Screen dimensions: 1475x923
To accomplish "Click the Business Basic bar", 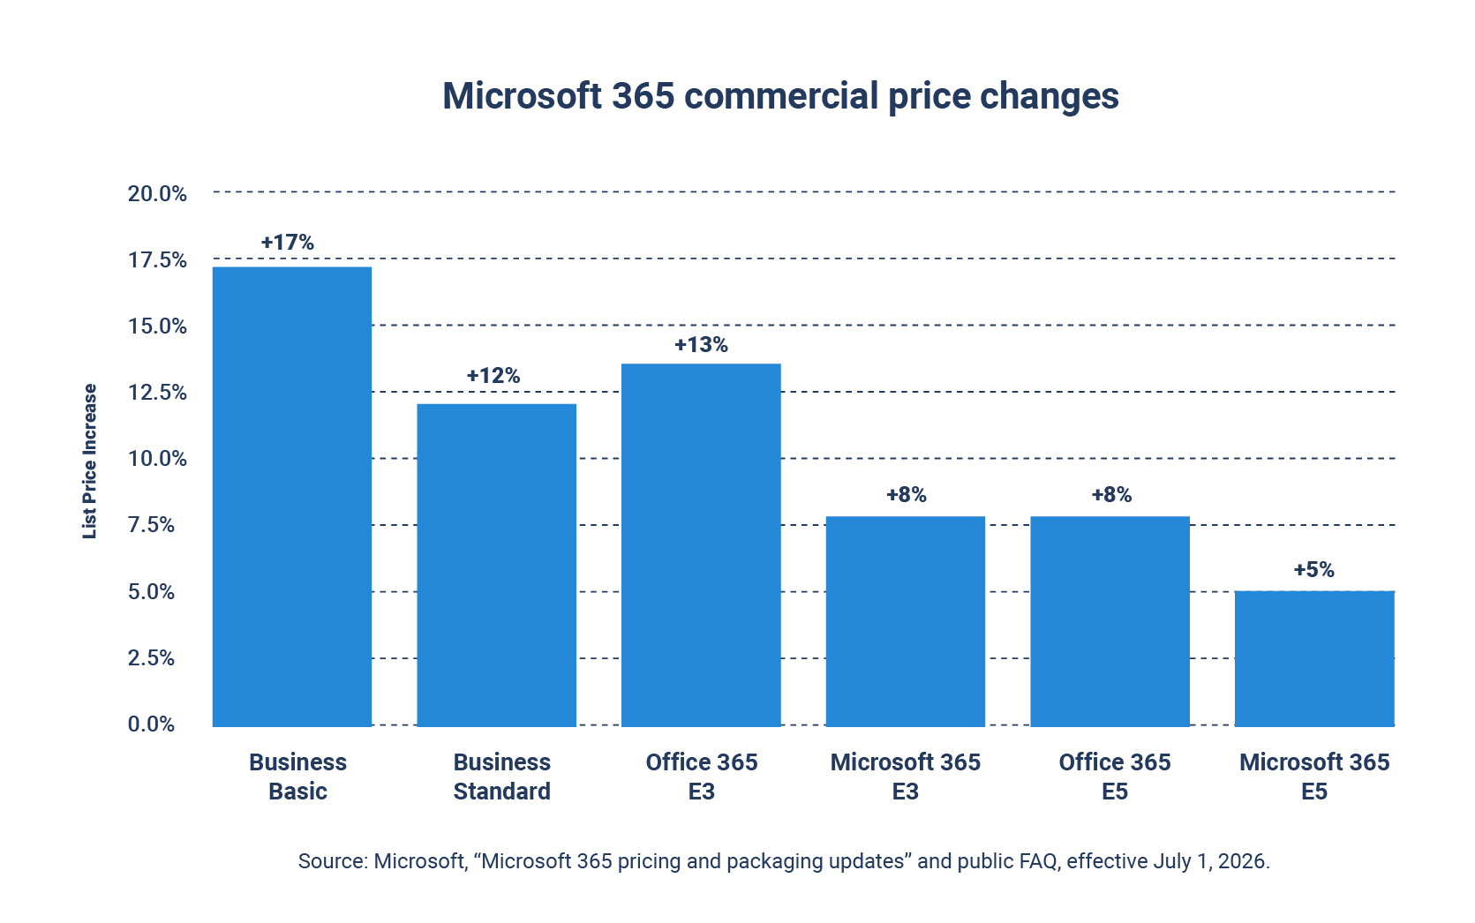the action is click(x=291, y=497).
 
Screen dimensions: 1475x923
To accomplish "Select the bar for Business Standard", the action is click(x=496, y=565).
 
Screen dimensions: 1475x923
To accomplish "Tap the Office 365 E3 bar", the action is click(x=701, y=545).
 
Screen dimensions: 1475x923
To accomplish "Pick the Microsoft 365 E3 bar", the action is click(x=906, y=621).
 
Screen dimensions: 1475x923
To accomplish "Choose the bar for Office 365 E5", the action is click(x=1110, y=621).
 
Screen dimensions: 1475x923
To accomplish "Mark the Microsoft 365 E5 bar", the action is click(x=1314, y=659).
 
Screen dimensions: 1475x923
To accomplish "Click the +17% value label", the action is click(x=288, y=243).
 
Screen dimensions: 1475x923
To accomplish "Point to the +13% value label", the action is click(x=701, y=344).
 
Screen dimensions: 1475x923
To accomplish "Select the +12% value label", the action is click(x=493, y=375).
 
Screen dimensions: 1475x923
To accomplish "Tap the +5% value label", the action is click(x=1313, y=569).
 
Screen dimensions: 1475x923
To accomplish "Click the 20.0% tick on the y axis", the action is click(x=157, y=193).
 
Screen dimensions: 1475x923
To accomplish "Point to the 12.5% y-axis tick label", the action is click(x=157, y=393).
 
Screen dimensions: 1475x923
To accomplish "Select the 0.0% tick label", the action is click(x=151, y=724).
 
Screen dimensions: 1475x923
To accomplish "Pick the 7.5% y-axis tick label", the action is click(x=151, y=525).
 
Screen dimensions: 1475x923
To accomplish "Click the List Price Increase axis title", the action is click(x=89, y=461).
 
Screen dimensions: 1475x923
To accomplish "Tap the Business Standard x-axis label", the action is click(x=501, y=777).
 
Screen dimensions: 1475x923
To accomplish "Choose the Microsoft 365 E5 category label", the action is click(x=1314, y=777).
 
